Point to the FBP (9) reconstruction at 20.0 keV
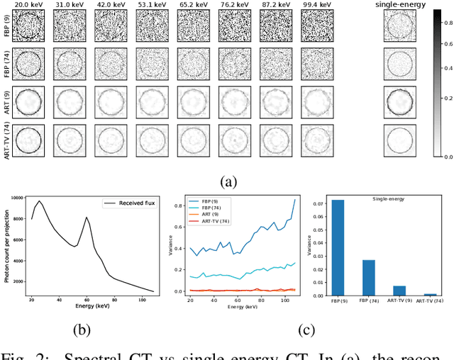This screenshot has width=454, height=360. (x=29, y=26)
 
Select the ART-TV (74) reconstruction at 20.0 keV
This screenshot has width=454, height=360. (x=29, y=140)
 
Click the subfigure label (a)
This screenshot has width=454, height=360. (x=228, y=182)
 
